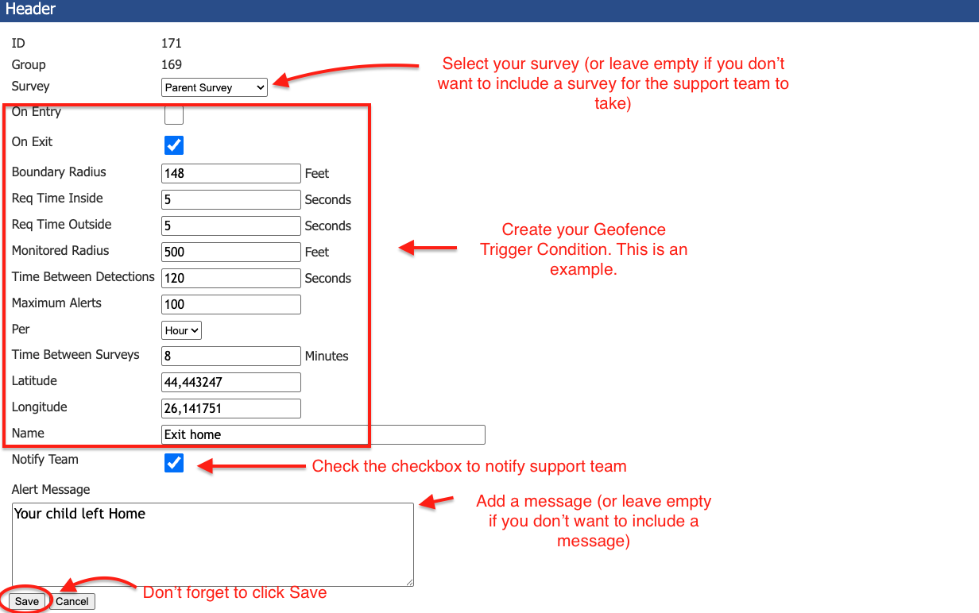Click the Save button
tap(26, 601)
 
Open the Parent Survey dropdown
tap(215, 87)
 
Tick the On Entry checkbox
tap(173, 115)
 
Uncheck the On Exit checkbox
tap(173, 145)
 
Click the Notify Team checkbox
tap(173, 463)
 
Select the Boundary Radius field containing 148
tap(230, 173)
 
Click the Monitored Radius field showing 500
tap(230, 252)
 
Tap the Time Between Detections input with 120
tap(230, 278)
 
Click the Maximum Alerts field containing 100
tap(230, 304)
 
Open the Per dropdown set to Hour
tap(181, 330)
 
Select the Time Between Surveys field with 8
tap(230, 356)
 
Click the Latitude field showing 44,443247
tap(230, 382)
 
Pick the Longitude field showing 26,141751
tap(230, 408)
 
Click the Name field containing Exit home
tap(323, 434)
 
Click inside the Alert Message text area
tap(213, 545)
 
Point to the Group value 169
tap(171, 64)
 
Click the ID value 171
tap(171, 43)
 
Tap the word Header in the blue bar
tap(30, 10)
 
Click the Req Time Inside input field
tap(230, 199)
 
